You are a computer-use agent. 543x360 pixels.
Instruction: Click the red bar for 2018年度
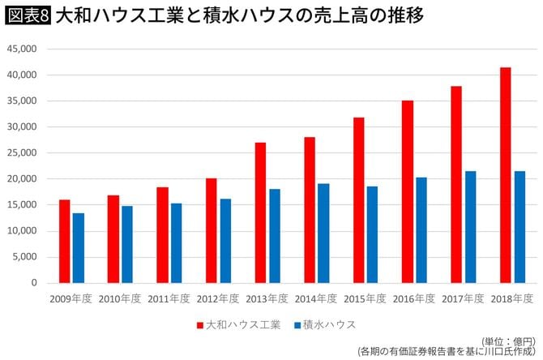click(506, 175)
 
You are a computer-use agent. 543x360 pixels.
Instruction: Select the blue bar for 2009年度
click(78, 248)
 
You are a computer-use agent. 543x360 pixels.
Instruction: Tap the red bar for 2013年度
click(261, 212)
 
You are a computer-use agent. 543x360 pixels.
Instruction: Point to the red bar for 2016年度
click(408, 191)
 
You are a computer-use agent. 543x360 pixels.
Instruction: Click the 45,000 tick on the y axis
click(24, 49)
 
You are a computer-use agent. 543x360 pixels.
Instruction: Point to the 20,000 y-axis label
click(24, 179)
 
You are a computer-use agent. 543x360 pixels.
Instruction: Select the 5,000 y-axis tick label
click(26, 257)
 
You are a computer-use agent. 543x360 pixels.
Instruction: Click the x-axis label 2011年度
click(169, 299)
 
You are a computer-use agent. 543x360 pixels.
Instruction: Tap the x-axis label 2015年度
click(366, 299)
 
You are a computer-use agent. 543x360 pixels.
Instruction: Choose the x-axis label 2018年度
click(512, 299)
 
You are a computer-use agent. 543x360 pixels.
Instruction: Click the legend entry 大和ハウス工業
click(239, 325)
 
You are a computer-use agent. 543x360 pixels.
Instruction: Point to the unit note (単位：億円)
click(508, 341)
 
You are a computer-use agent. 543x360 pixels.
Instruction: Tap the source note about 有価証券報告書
click(447, 352)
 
